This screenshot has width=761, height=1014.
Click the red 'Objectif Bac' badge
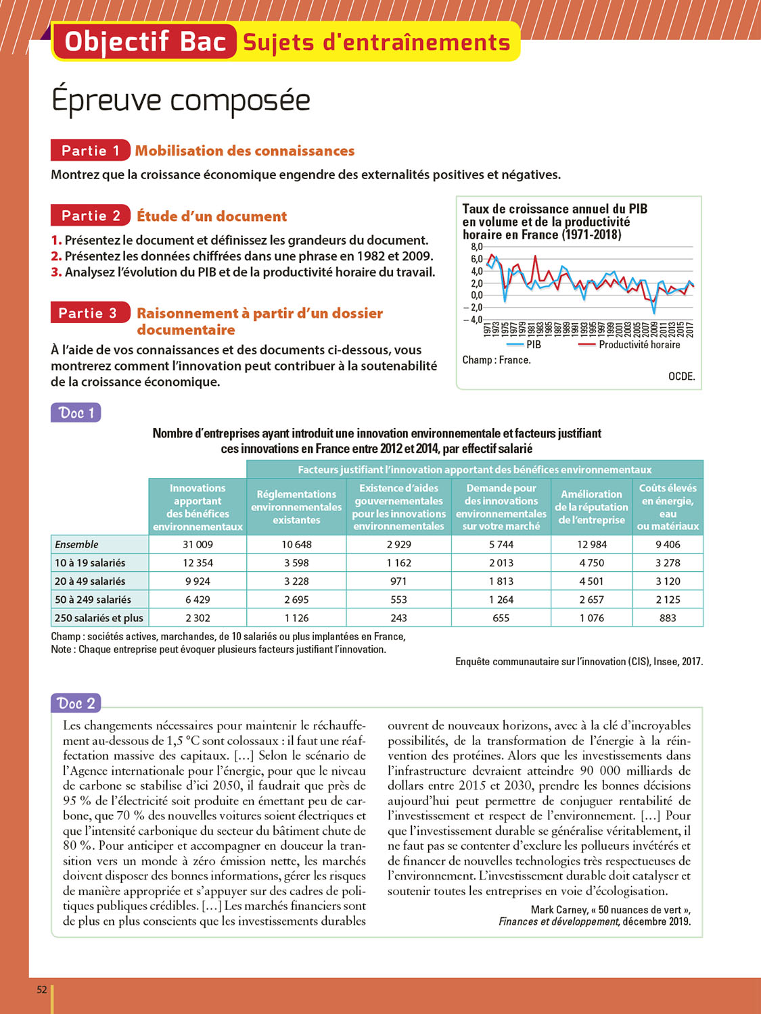pyautogui.click(x=145, y=42)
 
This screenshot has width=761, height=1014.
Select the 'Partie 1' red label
pyautogui.click(x=90, y=150)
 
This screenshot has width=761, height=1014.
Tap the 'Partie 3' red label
pyautogui.click(x=89, y=313)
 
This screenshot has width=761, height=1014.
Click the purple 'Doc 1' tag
pyautogui.click(x=76, y=412)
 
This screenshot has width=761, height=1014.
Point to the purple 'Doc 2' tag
pyautogui.click(x=76, y=703)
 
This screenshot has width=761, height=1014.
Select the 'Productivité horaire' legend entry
pyautogui.click(x=629, y=345)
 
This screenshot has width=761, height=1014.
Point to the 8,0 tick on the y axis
pyautogui.click(x=476, y=247)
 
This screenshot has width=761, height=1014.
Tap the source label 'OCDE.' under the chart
pyautogui.click(x=681, y=377)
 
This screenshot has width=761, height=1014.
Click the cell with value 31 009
pyautogui.click(x=198, y=544)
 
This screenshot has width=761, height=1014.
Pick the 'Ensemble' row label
pyautogui.click(x=76, y=544)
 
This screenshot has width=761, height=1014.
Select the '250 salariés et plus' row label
pyautogui.click(x=99, y=618)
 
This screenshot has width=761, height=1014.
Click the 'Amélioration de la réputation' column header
pyautogui.click(x=592, y=507)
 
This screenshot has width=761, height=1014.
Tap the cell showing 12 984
pyautogui.click(x=592, y=544)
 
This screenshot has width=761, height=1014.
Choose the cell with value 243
pyautogui.click(x=398, y=618)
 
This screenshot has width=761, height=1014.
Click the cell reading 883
pyautogui.click(x=668, y=618)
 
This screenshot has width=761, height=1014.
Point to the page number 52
pyautogui.click(x=42, y=990)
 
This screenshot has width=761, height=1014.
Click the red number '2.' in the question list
pyautogui.click(x=56, y=256)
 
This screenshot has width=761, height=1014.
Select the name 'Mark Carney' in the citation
pyautogui.click(x=559, y=910)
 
